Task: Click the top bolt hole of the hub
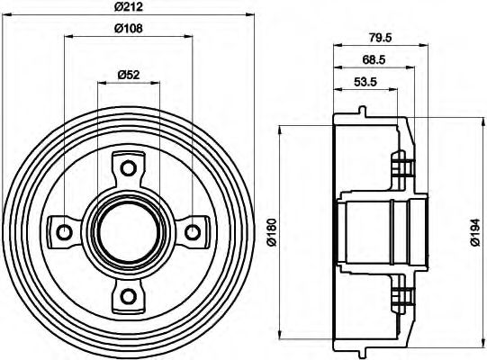(128, 168)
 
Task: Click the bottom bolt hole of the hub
(128, 296)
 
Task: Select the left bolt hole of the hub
(64, 232)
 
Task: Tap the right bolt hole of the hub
(192, 232)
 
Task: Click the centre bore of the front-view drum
(128, 232)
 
